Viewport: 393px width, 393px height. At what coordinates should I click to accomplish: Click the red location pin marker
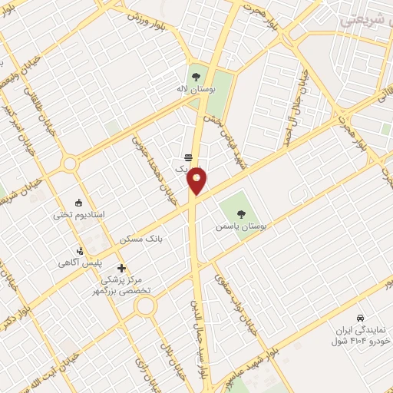[197, 180]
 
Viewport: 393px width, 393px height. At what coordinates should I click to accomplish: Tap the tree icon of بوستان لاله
[196, 77]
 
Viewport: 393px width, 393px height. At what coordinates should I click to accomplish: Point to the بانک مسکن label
[142, 240]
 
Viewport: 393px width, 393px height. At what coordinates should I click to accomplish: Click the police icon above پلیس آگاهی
[80, 251]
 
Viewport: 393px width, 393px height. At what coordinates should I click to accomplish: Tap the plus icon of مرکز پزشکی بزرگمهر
[121, 268]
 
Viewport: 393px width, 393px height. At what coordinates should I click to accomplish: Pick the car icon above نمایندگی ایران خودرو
[360, 317]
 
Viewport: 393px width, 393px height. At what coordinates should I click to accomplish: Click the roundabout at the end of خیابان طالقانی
[71, 163]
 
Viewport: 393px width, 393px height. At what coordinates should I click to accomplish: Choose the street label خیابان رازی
[145, 368]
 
